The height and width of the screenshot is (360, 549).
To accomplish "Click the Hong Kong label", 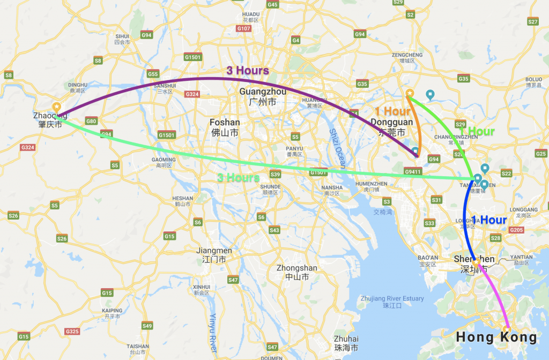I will (x=496, y=337).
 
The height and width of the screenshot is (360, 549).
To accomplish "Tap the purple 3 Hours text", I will (x=247, y=70).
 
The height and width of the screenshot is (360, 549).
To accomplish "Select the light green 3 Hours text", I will (x=238, y=178).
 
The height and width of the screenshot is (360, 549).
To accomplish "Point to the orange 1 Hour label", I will (x=392, y=111).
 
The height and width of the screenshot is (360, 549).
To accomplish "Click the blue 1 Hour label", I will (x=489, y=220).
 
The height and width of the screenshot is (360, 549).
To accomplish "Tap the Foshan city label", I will (x=225, y=126).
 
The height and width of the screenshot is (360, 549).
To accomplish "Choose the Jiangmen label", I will (x=214, y=254).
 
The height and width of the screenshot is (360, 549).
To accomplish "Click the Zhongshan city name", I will (x=296, y=272).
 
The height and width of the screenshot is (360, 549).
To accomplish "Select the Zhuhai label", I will (x=346, y=343).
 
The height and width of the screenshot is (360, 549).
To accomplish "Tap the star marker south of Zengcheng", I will (x=410, y=93).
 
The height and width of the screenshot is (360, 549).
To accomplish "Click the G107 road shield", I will (x=244, y=28).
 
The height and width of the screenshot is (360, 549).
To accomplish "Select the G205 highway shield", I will (x=517, y=230).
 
